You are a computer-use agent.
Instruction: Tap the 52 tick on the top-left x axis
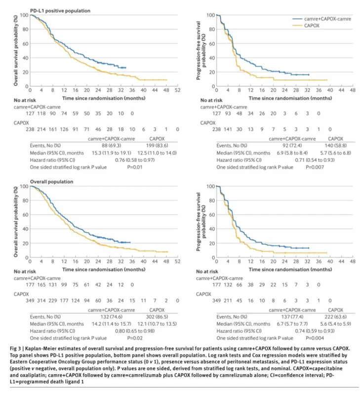point(176,92)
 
